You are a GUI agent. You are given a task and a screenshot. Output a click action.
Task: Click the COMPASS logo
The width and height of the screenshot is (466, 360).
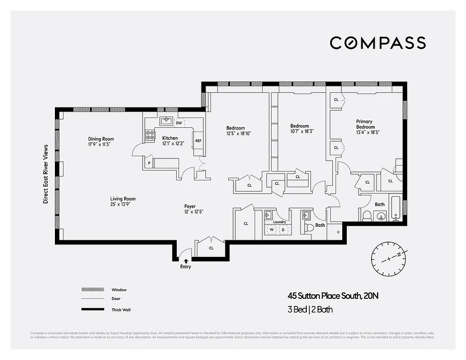(x=377, y=43)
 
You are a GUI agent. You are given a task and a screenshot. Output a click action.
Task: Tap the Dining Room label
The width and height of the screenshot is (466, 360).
(x=101, y=139)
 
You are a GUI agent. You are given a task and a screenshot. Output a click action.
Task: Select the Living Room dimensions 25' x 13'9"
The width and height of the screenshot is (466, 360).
(x=123, y=204)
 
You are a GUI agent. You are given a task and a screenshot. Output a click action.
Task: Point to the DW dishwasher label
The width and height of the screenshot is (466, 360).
(x=179, y=122)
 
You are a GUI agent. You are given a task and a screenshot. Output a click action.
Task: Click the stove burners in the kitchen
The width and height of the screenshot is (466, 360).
(x=150, y=135)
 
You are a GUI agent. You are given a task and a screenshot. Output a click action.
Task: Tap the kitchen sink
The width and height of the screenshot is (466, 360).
(x=166, y=121)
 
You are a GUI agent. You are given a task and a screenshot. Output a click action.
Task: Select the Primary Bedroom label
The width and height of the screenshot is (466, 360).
(x=365, y=121)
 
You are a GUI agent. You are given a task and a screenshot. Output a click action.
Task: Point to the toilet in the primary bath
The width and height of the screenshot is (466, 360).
(x=366, y=216)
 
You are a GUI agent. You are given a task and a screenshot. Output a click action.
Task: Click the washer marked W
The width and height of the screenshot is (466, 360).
(x=271, y=229)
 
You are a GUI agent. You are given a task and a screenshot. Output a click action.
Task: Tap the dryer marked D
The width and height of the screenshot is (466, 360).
(x=283, y=229)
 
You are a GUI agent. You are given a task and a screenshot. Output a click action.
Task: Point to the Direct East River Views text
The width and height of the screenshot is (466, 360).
(x=45, y=174)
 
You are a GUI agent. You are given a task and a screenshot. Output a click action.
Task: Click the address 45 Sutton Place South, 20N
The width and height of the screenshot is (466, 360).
(x=336, y=296)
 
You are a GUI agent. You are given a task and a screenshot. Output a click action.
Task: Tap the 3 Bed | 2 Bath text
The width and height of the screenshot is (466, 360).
(x=310, y=310)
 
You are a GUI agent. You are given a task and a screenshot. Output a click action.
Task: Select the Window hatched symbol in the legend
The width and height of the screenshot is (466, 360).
(x=92, y=290)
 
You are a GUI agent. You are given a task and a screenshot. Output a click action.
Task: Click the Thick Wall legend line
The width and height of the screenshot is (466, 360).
(x=92, y=310)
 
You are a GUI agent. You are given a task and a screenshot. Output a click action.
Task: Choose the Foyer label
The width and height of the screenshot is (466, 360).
(x=190, y=207)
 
